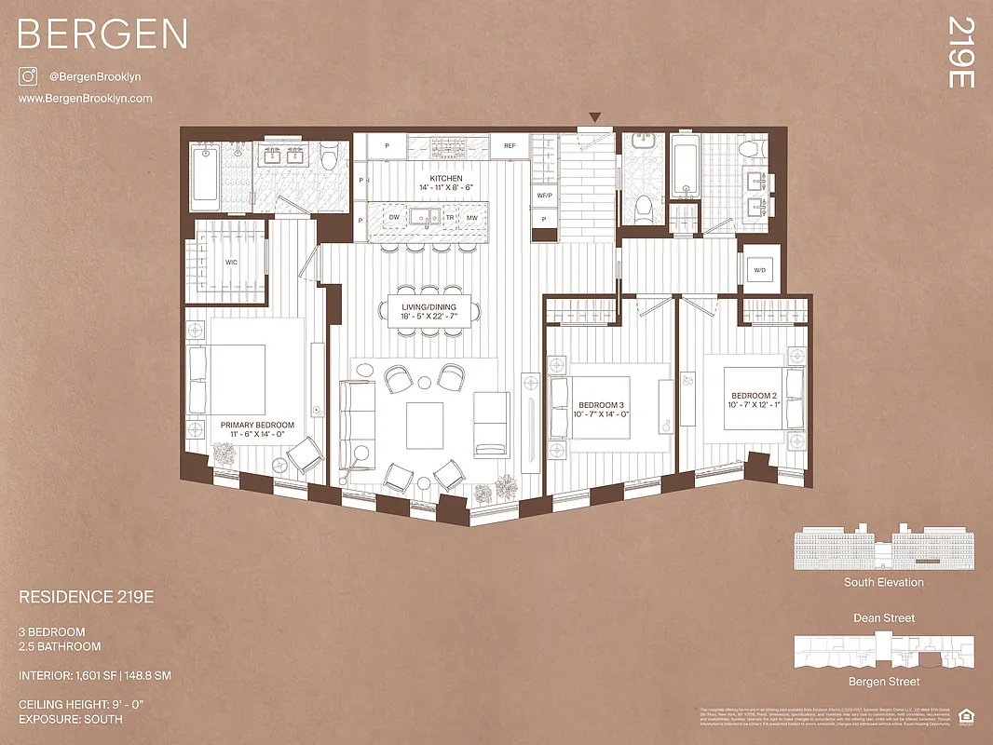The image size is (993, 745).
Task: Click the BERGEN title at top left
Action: pos(102,34)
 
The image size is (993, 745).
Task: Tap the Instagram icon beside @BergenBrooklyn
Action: pos(28,77)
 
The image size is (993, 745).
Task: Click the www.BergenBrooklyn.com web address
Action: pos(85,99)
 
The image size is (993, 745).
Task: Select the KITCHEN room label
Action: pos(445,178)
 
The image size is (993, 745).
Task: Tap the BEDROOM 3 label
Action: pos(602,405)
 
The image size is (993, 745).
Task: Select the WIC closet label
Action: pos(231,263)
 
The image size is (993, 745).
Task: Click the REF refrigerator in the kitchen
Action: pos(510,146)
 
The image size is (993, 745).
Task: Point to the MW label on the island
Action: pos(473,218)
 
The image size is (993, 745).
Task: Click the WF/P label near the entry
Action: pos(544,196)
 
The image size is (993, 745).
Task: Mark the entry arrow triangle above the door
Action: pos(595,117)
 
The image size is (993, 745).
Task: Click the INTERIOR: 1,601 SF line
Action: pos(94,675)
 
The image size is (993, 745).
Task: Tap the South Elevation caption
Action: pos(884,582)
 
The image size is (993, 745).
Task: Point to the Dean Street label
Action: pos(884,618)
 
